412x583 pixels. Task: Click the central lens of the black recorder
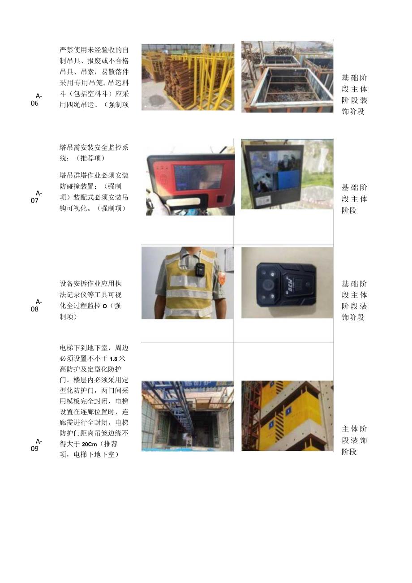(268, 284)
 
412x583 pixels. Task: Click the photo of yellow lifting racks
(188, 77)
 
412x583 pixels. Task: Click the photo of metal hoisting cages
(287, 77)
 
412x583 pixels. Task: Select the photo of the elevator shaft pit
(188, 416)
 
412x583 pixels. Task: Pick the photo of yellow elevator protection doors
(287, 415)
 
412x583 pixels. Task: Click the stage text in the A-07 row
(354, 199)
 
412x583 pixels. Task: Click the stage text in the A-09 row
(354, 440)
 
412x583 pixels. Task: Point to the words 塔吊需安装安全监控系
(94, 147)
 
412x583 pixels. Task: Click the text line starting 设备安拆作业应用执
(90, 284)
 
